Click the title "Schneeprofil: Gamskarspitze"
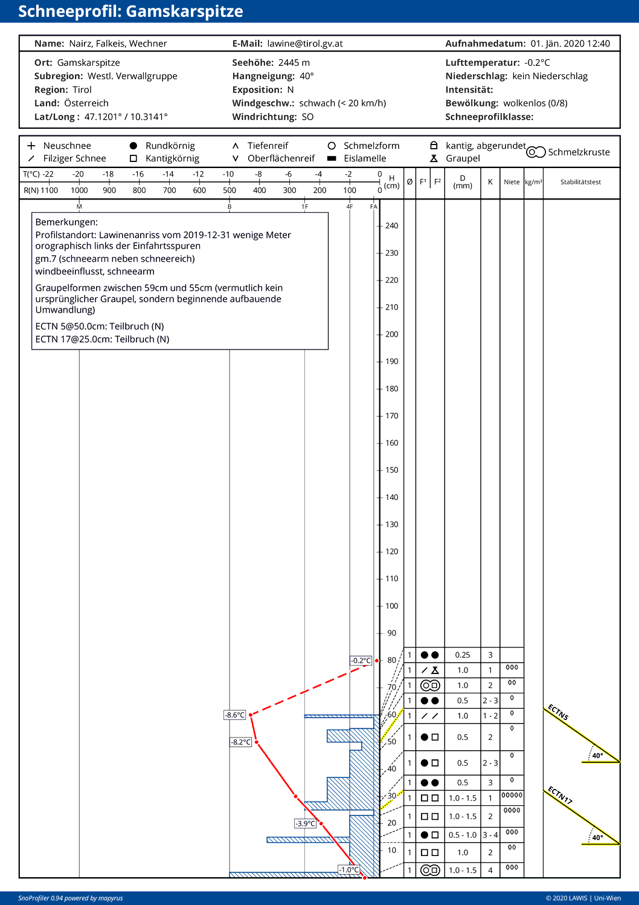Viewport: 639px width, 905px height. [130, 11]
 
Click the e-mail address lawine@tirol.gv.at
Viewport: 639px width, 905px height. [305, 44]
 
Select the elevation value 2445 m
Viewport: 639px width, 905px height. [294, 63]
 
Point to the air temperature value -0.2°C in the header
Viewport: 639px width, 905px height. [537, 63]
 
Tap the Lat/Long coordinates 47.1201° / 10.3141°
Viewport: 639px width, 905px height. [126, 117]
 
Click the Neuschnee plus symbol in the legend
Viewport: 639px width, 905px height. [31, 146]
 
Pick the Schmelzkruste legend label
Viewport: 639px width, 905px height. [579, 152]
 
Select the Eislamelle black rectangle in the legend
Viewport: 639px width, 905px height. [332, 158]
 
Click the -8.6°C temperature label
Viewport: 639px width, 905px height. [235, 715]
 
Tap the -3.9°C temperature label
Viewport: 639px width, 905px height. [306, 823]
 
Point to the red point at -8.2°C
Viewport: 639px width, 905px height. [257, 742]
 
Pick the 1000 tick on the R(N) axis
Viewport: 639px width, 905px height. [79, 190]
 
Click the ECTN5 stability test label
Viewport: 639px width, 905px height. [558, 712]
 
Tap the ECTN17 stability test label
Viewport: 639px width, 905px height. [560, 795]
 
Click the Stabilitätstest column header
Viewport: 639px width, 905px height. [580, 182]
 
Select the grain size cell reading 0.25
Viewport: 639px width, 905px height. [463, 655]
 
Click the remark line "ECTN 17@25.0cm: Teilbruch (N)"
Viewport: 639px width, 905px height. [102, 339]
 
